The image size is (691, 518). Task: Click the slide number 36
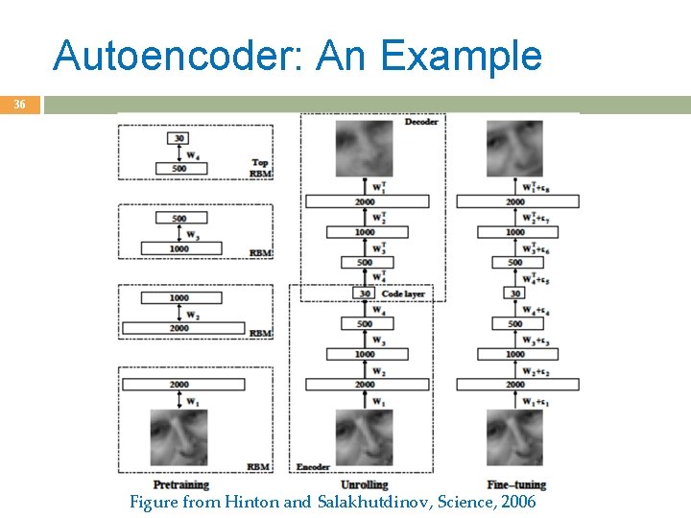pos(19,106)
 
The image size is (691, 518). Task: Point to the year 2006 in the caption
pos(514,502)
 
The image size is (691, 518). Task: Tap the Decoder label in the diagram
pos(421,123)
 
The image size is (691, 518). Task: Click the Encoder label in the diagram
pos(313,467)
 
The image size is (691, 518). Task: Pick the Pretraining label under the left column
pos(180,484)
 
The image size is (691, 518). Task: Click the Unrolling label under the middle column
pos(364,484)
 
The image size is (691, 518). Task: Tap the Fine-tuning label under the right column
pos(515,484)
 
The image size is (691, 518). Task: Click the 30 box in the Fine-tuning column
pos(515,294)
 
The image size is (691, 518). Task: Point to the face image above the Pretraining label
pos(179,437)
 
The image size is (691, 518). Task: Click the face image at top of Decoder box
pos(364,149)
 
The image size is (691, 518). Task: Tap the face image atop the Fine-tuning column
pos(514,149)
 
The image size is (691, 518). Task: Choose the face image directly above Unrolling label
pos(364,437)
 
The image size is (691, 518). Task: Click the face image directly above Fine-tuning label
pos(514,437)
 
